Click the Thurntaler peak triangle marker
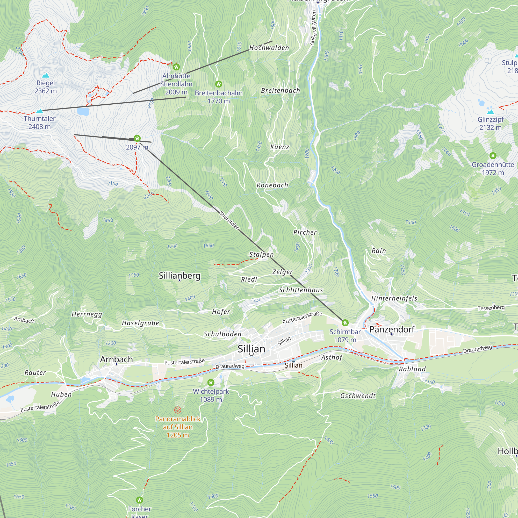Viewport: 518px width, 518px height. click(40, 111)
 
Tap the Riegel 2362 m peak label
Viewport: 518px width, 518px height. click(46, 87)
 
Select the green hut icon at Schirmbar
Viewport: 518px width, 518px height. click(345, 322)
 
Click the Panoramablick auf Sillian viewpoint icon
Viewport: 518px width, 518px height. click(178, 410)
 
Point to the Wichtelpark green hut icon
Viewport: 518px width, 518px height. click(211, 382)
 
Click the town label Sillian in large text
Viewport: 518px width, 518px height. click(251, 349)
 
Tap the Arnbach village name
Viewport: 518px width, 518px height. click(116, 359)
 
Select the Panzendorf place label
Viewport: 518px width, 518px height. click(392, 329)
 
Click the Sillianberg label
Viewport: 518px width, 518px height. click(179, 276)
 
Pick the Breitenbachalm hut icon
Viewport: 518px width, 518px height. click(219, 84)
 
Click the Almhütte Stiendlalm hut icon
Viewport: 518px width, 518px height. click(176, 67)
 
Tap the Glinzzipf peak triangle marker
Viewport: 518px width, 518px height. click(490, 111)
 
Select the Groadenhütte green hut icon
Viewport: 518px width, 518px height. click(493, 155)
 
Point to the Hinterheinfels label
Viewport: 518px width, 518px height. click(394, 298)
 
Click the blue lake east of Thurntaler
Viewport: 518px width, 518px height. click(83, 111)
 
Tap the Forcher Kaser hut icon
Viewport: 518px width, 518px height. click(139, 500)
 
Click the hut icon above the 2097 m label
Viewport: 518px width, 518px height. click(137, 138)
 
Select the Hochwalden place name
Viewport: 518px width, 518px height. click(269, 48)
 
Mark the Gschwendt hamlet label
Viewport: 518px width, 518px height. click(358, 396)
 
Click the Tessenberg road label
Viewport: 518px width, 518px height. click(491, 308)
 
